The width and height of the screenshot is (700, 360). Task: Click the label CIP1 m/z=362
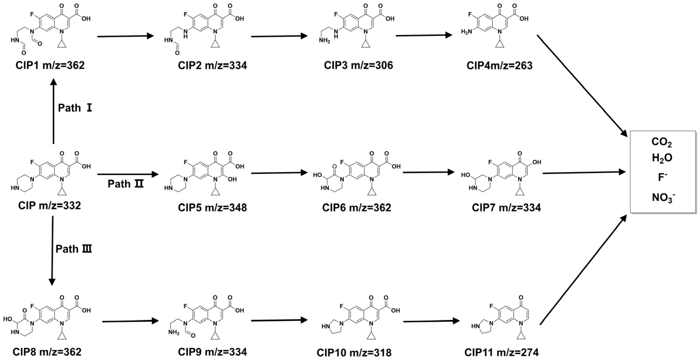(50, 65)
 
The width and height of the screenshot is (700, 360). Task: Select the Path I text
(75, 108)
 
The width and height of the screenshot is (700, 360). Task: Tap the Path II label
(125, 184)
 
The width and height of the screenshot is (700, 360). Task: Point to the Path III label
(74, 249)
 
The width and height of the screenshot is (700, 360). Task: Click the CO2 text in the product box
(662, 142)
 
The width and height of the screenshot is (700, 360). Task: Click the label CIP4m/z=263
(499, 65)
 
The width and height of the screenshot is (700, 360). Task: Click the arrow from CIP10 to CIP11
(431, 321)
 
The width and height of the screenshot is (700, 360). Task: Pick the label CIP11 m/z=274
(501, 352)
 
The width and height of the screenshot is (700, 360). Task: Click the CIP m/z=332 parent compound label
(49, 205)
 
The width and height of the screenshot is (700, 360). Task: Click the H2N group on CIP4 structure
(466, 32)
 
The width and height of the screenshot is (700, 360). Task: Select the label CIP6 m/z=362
(356, 208)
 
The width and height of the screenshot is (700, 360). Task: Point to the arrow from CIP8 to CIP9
(130, 321)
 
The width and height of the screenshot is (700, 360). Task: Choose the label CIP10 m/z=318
(354, 353)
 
